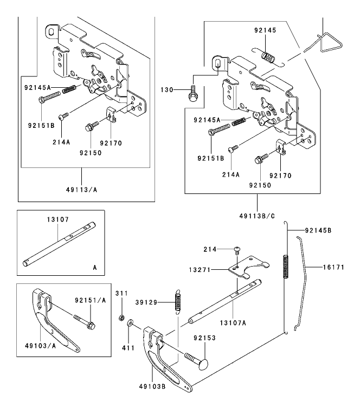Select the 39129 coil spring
[x=177, y=302]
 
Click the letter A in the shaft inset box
[x=94, y=267]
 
